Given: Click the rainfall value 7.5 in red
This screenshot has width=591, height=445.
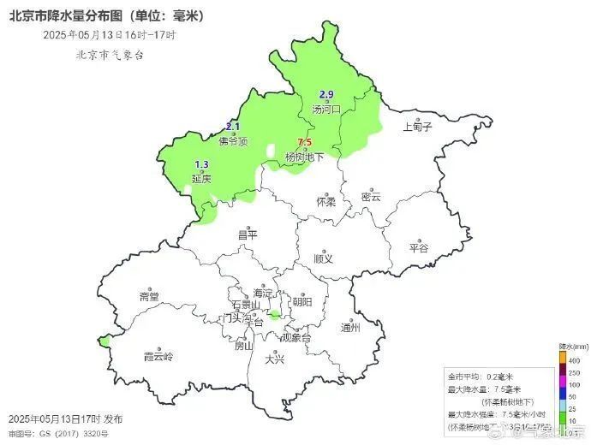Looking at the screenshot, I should point(303,143).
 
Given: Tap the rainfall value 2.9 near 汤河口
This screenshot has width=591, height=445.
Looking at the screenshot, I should point(326,94).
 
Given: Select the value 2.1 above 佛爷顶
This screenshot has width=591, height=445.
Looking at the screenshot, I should point(233,127).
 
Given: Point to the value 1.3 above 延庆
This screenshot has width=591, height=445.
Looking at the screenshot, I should point(202,164).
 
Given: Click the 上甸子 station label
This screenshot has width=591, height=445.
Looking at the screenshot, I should point(418,128).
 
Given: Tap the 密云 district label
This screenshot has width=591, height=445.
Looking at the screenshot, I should point(370,197).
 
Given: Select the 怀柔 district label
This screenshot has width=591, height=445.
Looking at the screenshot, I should point(325,202).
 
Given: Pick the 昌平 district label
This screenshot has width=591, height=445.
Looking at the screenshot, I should point(247,234).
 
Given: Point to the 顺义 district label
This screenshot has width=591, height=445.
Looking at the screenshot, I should point(323,258).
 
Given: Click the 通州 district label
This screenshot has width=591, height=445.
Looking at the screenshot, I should point(350,327).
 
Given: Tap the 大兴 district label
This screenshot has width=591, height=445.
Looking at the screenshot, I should point(274,359).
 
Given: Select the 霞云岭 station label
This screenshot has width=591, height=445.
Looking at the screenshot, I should point(158,356).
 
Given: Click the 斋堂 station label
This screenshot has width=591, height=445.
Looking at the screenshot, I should point(149,297).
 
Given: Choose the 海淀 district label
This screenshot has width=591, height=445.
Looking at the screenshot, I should point(262,293).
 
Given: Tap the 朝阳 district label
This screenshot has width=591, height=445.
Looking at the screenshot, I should point(301,301).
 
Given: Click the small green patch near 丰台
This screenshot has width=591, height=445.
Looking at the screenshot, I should point(273,317).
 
